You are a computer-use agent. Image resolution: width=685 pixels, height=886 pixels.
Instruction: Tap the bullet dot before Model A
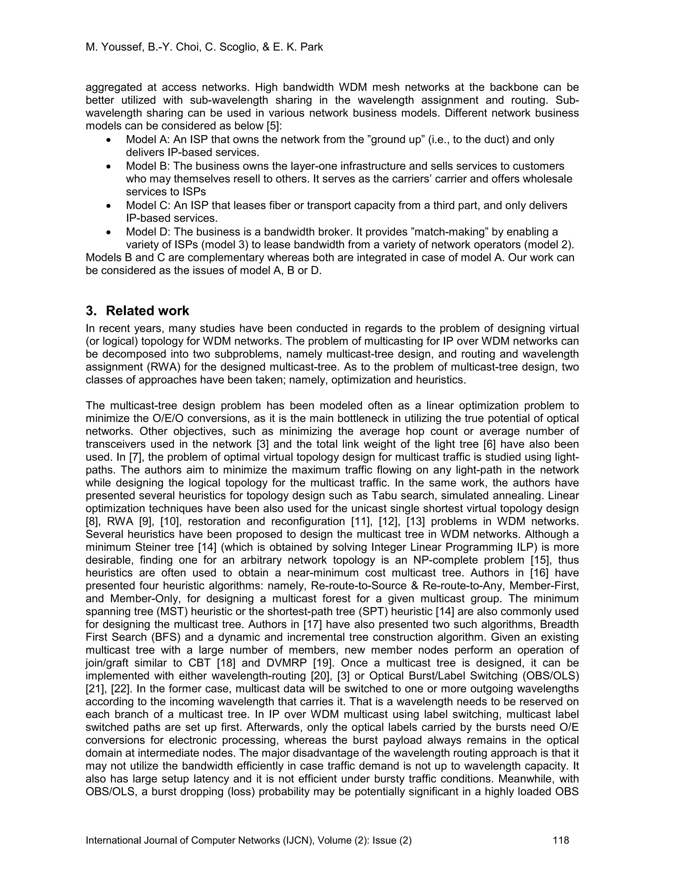[x=108, y=140]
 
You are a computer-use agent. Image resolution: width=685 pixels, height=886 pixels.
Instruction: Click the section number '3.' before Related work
[x=91, y=311]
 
